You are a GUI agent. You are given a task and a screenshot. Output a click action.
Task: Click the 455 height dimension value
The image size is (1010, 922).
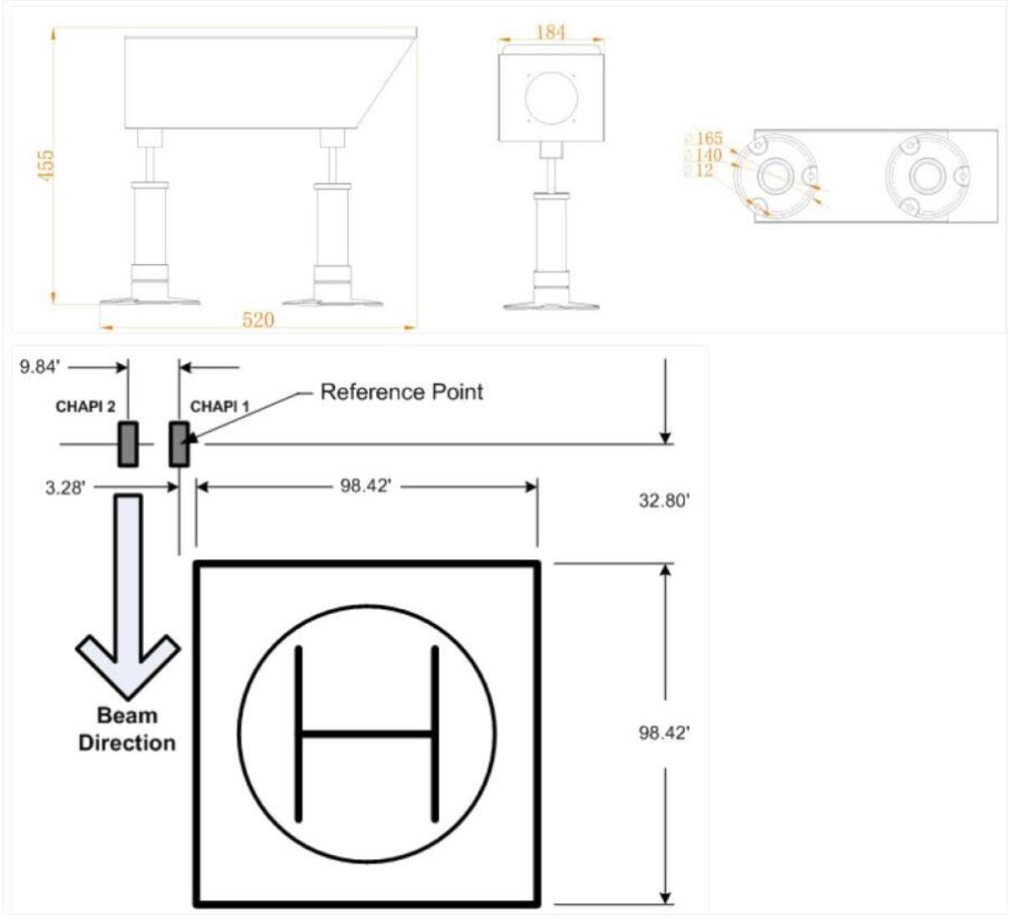pos(45,165)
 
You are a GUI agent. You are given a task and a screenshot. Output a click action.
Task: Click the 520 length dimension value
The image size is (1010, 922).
pos(258,320)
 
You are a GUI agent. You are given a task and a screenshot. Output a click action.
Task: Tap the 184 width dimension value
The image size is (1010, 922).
pos(551,32)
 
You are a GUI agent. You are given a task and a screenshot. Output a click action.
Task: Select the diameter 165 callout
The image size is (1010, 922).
pos(703,138)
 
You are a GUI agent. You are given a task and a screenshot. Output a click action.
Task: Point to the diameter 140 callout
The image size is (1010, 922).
pos(703,155)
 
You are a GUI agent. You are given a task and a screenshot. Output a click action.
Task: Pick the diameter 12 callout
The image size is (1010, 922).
pos(699,171)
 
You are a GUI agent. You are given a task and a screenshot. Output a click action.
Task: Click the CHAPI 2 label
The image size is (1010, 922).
pos(85,406)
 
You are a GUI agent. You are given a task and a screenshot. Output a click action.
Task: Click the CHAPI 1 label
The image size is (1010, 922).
pos(219,406)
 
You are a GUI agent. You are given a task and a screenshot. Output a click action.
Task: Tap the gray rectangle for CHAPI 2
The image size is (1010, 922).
pos(128,444)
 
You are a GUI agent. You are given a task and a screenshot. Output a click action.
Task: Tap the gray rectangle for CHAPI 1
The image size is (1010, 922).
pos(178,444)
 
